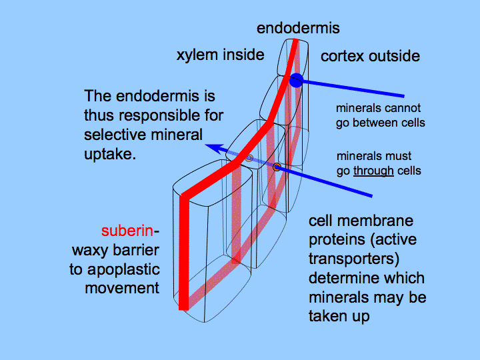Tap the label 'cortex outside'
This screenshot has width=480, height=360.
pyautogui.click(x=370, y=56)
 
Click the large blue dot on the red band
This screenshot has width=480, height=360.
pyautogui.click(x=297, y=81)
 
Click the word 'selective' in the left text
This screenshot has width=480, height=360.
pyautogui.click(x=111, y=135)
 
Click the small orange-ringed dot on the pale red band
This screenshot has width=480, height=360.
pyautogui.click(x=276, y=166)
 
